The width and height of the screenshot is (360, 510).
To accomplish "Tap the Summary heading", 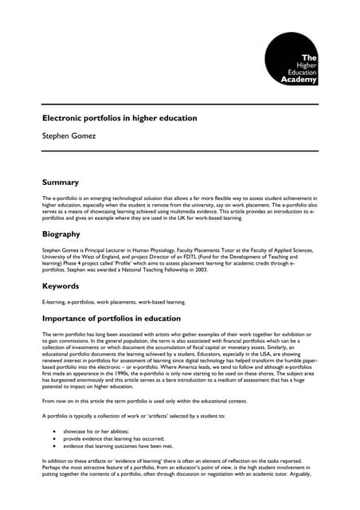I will click(x=61, y=182).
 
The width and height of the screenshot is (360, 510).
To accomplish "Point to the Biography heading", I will click(x=61, y=234).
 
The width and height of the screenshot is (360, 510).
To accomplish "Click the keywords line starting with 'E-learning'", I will click(x=114, y=303).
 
